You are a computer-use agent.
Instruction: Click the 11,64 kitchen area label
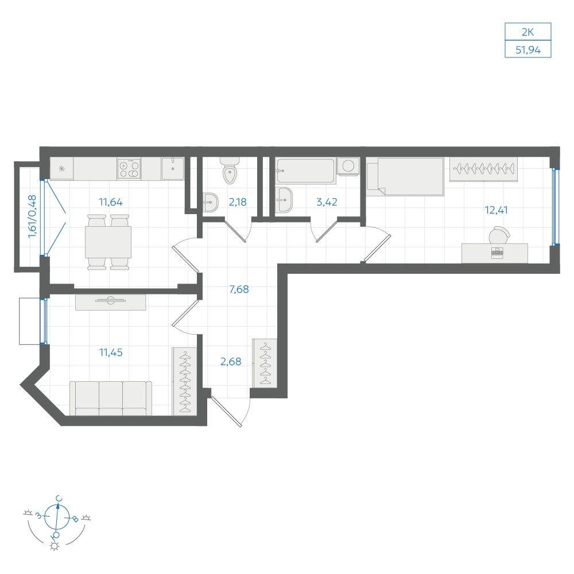111,201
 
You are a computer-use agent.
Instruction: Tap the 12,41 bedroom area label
496,210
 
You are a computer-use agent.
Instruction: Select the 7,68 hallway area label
239,289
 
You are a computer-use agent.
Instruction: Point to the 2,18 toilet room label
238,201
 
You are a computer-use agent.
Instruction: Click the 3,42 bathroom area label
327,201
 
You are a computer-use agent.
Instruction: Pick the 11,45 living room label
111,352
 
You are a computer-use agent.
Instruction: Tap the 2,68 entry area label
231,362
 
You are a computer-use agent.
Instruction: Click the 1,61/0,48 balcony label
33,216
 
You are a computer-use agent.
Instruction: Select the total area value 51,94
528,50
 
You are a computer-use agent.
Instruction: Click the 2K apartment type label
528,32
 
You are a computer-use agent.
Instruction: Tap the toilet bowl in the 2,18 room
230,170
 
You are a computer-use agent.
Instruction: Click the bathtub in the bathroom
305,170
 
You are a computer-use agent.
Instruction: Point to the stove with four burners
129,169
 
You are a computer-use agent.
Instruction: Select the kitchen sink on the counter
173,168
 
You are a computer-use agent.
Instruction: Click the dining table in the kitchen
108,242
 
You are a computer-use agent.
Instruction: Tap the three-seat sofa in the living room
111,398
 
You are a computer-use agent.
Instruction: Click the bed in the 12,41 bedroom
405,176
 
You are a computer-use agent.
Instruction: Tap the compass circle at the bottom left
56,517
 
